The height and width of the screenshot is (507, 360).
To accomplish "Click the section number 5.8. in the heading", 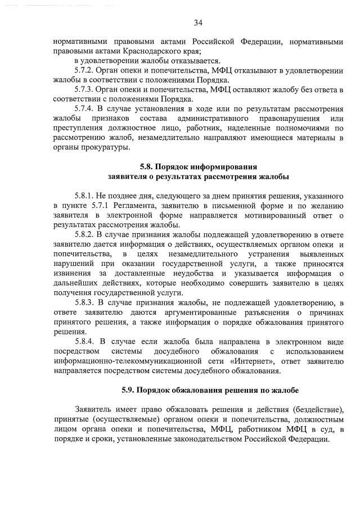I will click(x=147, y=167).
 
